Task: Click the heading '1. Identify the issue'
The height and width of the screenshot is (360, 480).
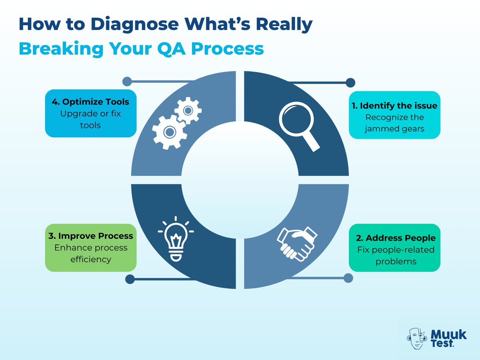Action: [394, 106]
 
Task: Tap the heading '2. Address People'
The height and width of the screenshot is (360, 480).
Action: [395, 238]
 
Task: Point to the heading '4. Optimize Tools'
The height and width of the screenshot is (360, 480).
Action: [90, 102]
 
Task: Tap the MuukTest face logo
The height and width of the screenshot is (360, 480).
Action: [417, 339]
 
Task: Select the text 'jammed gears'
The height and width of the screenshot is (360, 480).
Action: [394, 129]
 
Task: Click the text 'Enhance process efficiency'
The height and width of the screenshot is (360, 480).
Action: [90, 253]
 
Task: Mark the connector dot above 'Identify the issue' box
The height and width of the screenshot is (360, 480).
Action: [350, 83]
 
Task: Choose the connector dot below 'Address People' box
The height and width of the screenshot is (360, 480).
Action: [348, 277]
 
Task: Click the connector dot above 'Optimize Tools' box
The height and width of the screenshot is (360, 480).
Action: [127, 81]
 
